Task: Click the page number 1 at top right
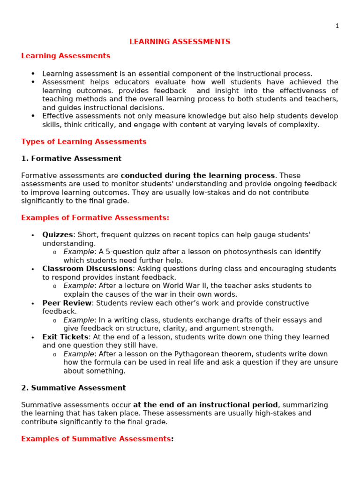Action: pos(337,26)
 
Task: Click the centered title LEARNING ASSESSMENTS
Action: pos(180,42)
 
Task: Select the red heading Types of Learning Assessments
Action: pos(84,142)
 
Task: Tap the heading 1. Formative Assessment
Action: pos(71,158)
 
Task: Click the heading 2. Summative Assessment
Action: pos(74,388)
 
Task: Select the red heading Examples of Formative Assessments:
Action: pos(95,217)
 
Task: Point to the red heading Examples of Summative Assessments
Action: pos(96,439)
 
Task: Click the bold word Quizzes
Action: pos(58,235)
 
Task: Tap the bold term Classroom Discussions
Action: pos(87,269)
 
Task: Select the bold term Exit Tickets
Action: pos(65,337)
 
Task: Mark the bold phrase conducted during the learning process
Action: pos(197,175)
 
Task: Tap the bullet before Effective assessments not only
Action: pos(33,116)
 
